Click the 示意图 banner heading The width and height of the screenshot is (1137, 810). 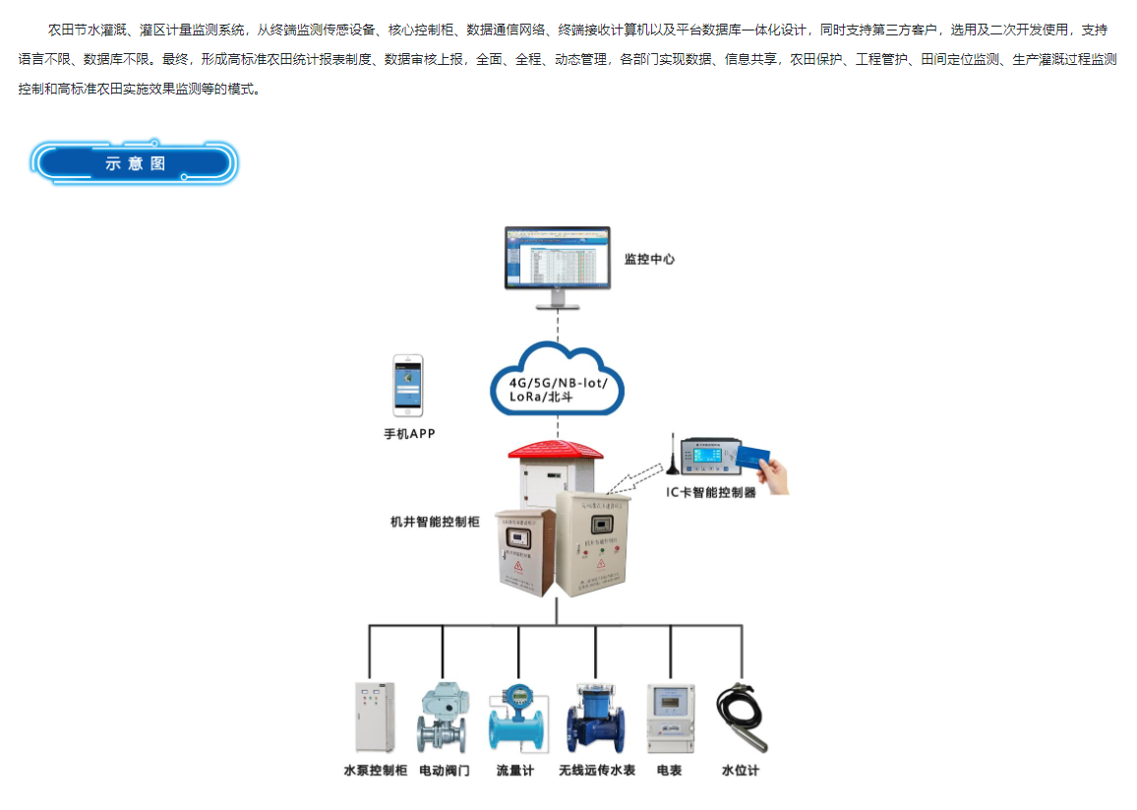click(135, 163)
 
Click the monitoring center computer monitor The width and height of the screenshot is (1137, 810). click(557, 259)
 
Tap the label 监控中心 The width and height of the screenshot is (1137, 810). click(649, 260)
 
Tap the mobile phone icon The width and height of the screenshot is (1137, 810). click(408, 385)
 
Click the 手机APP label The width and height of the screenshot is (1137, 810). click(409, 433)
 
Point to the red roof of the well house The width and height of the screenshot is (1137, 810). click(555, 449)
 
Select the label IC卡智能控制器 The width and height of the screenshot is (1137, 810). click(712, 492)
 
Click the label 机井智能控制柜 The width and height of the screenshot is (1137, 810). click(435, 521)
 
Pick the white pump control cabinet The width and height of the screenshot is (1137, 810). click(374, 717)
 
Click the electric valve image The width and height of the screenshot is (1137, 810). click(443, 719)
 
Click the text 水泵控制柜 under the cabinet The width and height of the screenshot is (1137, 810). click(375, 771)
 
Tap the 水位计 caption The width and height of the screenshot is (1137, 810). click(740, 771)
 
